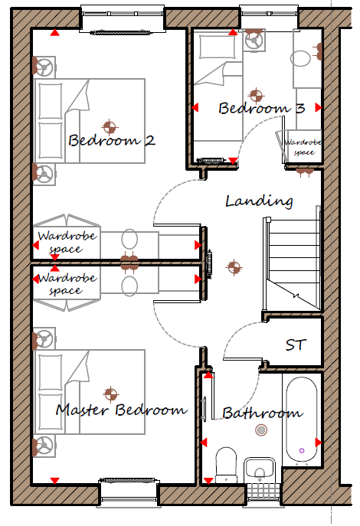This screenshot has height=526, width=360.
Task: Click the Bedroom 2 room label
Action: click(x=112, y=140)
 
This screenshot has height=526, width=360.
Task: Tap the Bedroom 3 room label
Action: click(x=262, y=108)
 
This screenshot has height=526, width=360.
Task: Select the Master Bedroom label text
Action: click(x=122, y=410)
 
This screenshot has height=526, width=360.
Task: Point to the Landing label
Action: click(x=259, y=201)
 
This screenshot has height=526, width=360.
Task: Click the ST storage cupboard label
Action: click(x=296, y=345)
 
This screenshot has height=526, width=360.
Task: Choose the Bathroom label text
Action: click(x=263, y=413)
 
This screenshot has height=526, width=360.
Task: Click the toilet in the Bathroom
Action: click(x=226, y=465)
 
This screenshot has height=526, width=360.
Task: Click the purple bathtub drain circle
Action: click(x=302, y=450)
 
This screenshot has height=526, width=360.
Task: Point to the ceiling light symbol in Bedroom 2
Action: click(x=110, y=127)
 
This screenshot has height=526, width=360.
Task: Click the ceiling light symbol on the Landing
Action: click(x=234, y=267)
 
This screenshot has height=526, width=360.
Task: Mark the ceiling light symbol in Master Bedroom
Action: click(x=110, y=394)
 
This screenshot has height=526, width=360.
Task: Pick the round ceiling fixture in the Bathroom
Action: click(x=261, y=430)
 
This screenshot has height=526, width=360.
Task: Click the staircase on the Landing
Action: click(x=292, y=263)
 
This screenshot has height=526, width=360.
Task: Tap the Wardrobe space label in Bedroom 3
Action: click(x=303, y=147)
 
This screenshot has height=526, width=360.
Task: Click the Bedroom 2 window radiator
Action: click(x=122, y=32)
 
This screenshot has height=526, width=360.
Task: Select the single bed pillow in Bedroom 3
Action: click(x=218, y=47)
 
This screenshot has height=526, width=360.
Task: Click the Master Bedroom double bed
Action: click(x=90, y=392)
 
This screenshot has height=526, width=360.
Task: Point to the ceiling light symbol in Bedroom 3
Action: click(x=256, y=95)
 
